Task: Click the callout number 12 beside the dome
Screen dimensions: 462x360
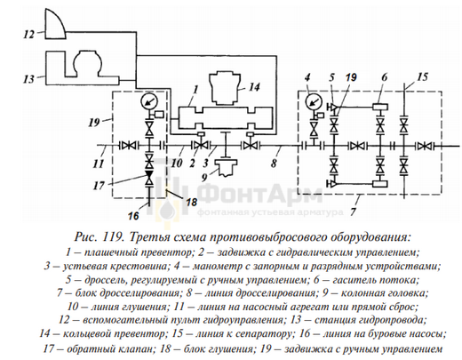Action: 29,35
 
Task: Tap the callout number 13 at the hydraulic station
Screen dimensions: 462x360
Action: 29,79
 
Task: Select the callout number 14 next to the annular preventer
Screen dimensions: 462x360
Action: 254,87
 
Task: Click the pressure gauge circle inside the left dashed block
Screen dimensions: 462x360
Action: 149,102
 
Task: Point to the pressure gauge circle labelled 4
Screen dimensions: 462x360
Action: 314,102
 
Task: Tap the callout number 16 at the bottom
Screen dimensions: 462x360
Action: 133,216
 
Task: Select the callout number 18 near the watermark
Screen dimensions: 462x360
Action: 191,202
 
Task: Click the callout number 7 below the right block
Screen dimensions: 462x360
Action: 353,212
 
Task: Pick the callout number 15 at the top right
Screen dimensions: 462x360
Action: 422,77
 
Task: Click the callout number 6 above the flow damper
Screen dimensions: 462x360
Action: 385,77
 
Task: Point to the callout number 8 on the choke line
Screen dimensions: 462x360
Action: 274,163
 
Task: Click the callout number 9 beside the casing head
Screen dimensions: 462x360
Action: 204,177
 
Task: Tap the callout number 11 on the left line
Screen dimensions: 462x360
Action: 99,163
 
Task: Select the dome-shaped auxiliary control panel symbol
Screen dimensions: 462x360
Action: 55,24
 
